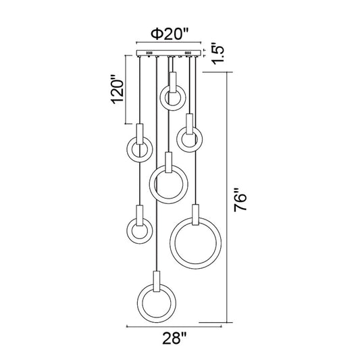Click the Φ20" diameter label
[170, 34]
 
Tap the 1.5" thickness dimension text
[217, 53]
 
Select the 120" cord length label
[118, 89]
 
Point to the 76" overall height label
[240, 200]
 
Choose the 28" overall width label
[174, 338]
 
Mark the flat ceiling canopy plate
[169, 53]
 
